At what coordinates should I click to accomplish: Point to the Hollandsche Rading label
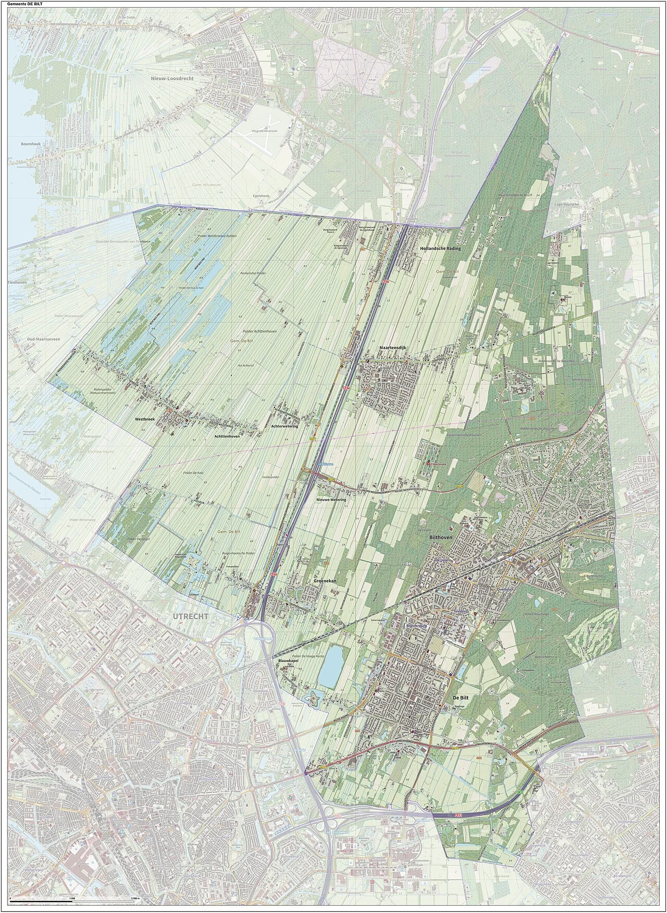[x=440, y=249]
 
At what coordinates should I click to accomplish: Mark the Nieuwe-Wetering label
[x=331, y=499]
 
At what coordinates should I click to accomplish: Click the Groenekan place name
[x=324, y=579]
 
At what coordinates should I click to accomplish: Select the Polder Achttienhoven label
[x=259, y=331]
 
